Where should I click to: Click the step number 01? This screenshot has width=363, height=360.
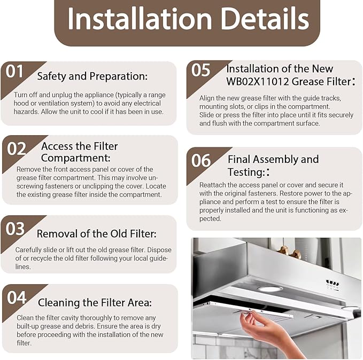(x=15, y=71)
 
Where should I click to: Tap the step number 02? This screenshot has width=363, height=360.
(x=17, y=148)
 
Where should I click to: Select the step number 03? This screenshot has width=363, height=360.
(x=15, y=229)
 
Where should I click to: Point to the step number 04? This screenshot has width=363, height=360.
(x=17, y=298)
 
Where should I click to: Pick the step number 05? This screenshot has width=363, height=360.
(x=200, y=70)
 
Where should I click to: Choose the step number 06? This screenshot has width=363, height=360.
(x=201, y=160)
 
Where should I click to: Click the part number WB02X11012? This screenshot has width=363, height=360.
(x=258, y=81)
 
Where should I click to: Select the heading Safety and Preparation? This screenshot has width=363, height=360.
(x=92, y=76)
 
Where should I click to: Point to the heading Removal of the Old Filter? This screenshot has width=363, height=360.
(x=97, y=233)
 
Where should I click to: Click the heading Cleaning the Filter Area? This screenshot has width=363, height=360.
(x=95, y=303)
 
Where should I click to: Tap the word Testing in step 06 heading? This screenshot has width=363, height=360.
(x=246, y=173)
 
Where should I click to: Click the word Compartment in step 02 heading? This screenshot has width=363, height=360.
(x=76, y=158)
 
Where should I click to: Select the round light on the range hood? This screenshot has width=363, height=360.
(x=270, y=289)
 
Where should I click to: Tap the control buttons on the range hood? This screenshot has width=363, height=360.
(x=333, y=284)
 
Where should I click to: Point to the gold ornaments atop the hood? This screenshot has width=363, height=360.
(x=289, y=252)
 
